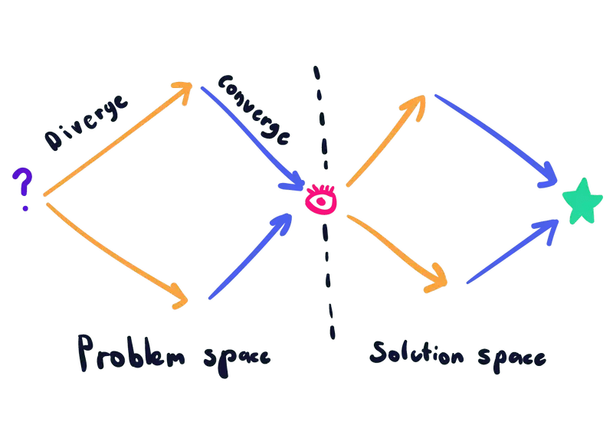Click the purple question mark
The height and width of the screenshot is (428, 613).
24,181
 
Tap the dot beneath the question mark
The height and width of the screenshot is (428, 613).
25,208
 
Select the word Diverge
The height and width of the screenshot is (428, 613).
86,123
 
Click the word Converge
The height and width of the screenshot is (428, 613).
254,110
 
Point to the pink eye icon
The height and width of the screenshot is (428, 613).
321,199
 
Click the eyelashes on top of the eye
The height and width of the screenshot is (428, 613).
321,189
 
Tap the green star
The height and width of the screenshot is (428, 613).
582,202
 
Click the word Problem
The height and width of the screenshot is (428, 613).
131,353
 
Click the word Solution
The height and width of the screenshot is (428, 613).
417,354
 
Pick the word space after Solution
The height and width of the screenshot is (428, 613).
512,358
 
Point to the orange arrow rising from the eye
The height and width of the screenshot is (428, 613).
386,141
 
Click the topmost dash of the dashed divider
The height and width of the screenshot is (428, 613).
316,73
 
